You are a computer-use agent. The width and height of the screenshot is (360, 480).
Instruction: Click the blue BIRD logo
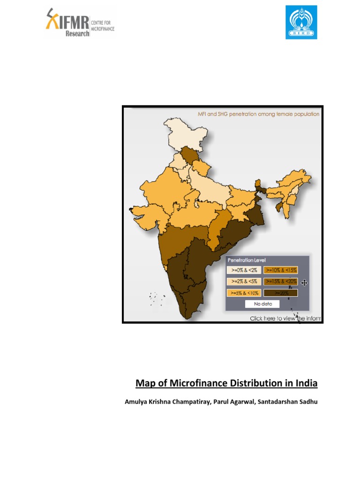click(x=301, y=22)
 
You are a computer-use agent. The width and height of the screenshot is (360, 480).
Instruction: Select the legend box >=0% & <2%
click(x=243, y=270)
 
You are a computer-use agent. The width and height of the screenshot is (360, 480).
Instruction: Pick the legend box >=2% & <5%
click(x=243, y=282)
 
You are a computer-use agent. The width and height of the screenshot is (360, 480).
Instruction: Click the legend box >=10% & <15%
click(x=280, y=270)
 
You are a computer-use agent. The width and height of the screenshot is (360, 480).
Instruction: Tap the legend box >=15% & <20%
click(x=280, y=282)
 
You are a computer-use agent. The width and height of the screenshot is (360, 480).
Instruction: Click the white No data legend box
click(x=262, y=304)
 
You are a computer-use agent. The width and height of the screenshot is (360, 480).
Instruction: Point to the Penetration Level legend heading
click(x=246, y=260)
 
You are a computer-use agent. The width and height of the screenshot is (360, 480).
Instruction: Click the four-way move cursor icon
click(x=304, y=282)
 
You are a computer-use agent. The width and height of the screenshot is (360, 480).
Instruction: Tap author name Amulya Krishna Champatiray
click(x=163, y=401)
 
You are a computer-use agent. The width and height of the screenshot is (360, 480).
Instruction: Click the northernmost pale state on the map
click(x=186, y=134)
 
